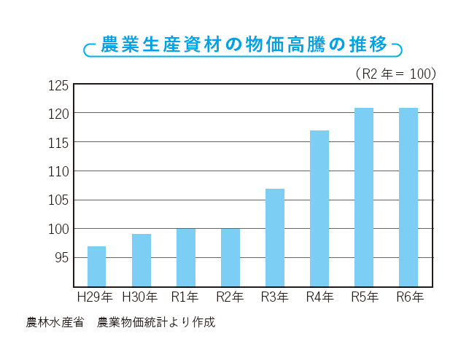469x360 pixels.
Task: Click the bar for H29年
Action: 96,266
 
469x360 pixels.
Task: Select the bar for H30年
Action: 141,260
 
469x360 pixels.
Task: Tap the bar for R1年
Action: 185,257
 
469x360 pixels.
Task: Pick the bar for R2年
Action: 230,257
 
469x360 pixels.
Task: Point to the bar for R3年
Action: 274,238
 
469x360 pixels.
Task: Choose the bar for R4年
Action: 319,208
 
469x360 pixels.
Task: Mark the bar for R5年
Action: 363,197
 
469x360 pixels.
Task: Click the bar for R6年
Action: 408,197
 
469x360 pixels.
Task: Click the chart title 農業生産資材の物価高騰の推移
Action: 244,44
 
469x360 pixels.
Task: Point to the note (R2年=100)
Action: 395,74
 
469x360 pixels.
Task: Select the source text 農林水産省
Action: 54,321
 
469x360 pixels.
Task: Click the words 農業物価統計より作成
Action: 156,321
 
